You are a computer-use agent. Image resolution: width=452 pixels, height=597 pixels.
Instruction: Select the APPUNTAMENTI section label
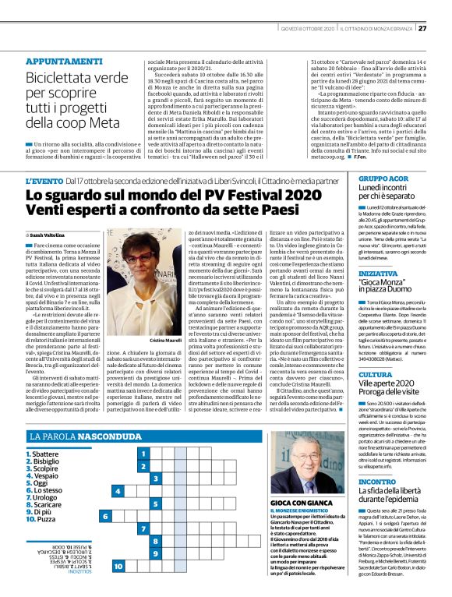62,39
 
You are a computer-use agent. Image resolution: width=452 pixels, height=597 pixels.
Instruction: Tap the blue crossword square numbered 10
118,566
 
